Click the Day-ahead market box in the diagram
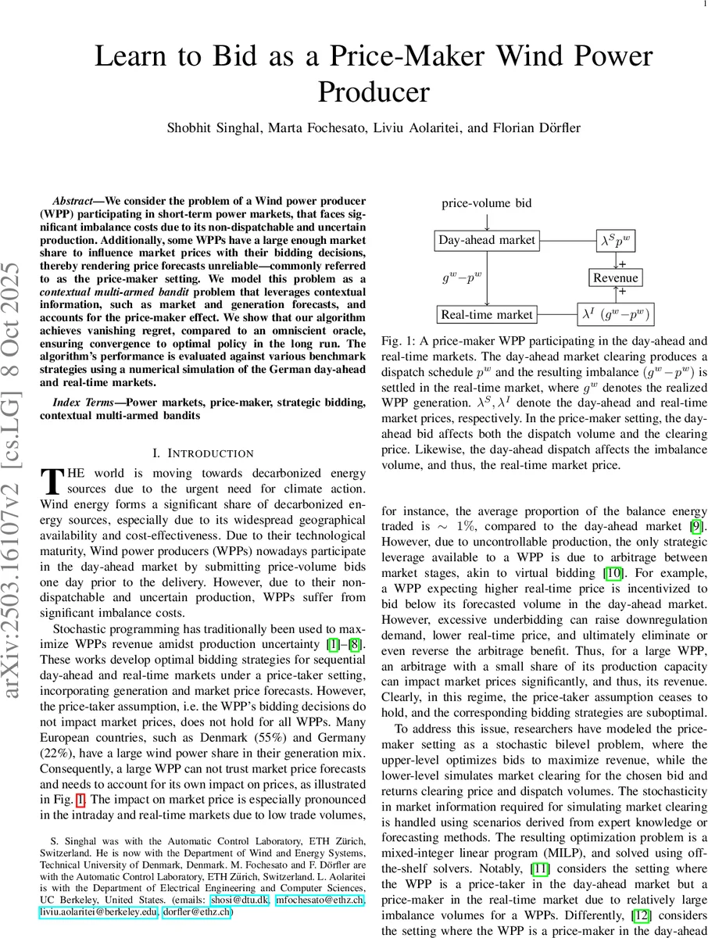pos(486,240)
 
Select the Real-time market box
pos(486,315)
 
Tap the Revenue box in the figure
pos(616,277)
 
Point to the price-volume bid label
pos(486,203)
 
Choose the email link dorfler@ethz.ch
pos(196,911)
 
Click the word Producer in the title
pos(374,91)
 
